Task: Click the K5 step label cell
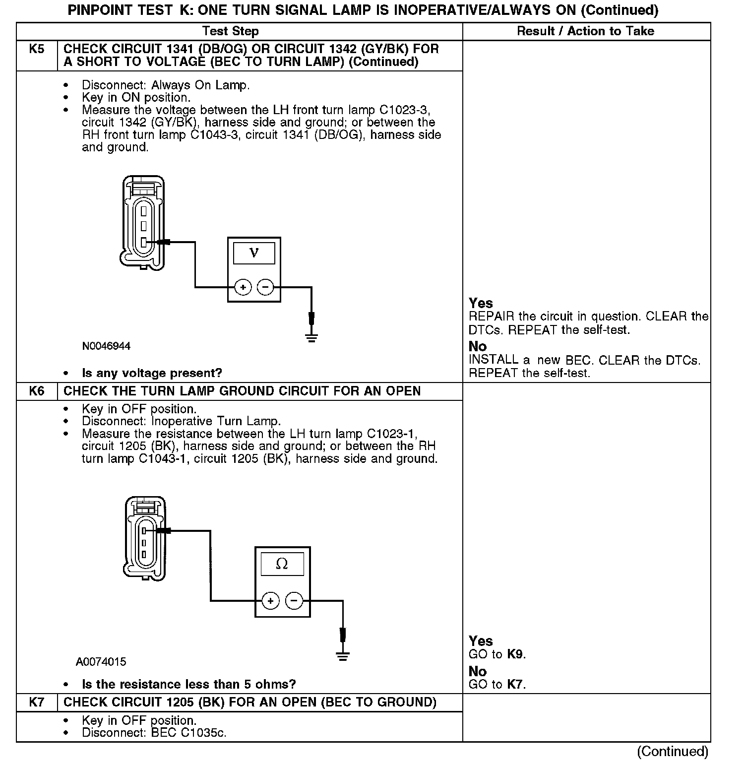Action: point(37,50)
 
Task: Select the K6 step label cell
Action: point(37,391)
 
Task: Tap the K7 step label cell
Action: point(37,702)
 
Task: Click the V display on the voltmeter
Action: point(254,253)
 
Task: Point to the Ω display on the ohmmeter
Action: point(282,564)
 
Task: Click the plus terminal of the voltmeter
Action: point(243,287)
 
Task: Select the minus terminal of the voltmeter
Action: point(266,287)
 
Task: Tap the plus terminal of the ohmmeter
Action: point(270,601)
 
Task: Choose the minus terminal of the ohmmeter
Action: point(294,601)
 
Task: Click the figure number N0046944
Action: point(106,346)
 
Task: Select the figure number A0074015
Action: point(101,662)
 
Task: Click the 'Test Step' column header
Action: point(231,31)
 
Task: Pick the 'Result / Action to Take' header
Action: point(585,31)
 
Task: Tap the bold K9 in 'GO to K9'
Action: point(515,654)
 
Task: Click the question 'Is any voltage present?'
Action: point(152,373)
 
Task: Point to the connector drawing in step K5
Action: point(143,221)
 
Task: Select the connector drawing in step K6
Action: point(144,538)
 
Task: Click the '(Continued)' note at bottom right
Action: point(673,752)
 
